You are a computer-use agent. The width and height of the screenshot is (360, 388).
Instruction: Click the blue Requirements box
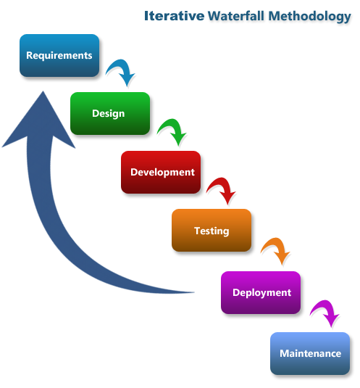[59, 56]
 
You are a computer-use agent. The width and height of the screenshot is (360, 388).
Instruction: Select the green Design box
[109, 113]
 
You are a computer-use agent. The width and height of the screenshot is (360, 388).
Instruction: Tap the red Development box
[161, 173]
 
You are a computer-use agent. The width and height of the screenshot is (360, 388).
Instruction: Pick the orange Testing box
[211, 231]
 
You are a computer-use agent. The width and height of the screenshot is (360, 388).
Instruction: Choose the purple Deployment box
[261, 292]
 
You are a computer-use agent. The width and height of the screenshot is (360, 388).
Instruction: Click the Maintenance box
[310, 354]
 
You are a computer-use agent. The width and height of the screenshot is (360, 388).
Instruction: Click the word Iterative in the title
[174, 15]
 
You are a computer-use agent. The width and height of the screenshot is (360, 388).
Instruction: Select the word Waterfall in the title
[235, 15]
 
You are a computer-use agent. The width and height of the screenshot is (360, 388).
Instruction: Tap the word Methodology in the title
[309, 16]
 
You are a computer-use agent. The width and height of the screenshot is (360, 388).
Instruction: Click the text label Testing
[211, 231]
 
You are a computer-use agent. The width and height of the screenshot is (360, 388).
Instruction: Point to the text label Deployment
[261, 292]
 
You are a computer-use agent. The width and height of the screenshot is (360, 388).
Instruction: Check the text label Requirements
[59, 55]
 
